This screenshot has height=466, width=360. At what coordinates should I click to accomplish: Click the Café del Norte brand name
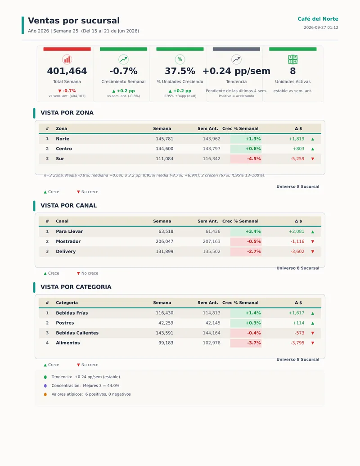point(318,19)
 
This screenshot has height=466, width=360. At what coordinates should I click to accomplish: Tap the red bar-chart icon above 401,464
point(67,59)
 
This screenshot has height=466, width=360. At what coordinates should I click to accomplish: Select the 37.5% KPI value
point(180,71)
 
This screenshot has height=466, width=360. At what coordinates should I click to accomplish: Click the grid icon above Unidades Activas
point(293,59)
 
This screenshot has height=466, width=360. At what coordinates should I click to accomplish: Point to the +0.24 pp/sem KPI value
point(236,71)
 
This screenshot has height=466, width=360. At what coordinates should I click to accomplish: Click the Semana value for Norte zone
point(165,139)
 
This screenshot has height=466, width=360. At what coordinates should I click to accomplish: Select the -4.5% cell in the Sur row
point(246,158)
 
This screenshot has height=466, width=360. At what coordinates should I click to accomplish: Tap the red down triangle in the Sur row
point(312,158)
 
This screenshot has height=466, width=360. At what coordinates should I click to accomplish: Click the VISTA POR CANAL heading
point(68,205)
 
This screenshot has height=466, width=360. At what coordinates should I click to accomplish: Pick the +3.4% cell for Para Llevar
point(246,231)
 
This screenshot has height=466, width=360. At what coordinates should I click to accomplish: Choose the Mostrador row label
point(68,241)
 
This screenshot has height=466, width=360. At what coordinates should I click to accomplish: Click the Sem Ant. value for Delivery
point(211,251)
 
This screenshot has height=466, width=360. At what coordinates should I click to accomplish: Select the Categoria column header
point(67,303)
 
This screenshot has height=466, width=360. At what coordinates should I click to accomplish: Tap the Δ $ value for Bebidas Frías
point(297,313)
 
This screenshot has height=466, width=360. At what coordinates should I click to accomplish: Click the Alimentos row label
point(68,343)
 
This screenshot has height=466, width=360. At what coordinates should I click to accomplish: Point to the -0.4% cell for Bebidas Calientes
point(246,333)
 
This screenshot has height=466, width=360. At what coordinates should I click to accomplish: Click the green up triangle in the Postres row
point(312,323)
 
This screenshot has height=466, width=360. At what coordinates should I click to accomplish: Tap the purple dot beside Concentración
point(45,386)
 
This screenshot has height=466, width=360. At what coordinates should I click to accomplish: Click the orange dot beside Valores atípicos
point(45,394)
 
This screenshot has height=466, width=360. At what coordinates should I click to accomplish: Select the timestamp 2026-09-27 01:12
point(321,27)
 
